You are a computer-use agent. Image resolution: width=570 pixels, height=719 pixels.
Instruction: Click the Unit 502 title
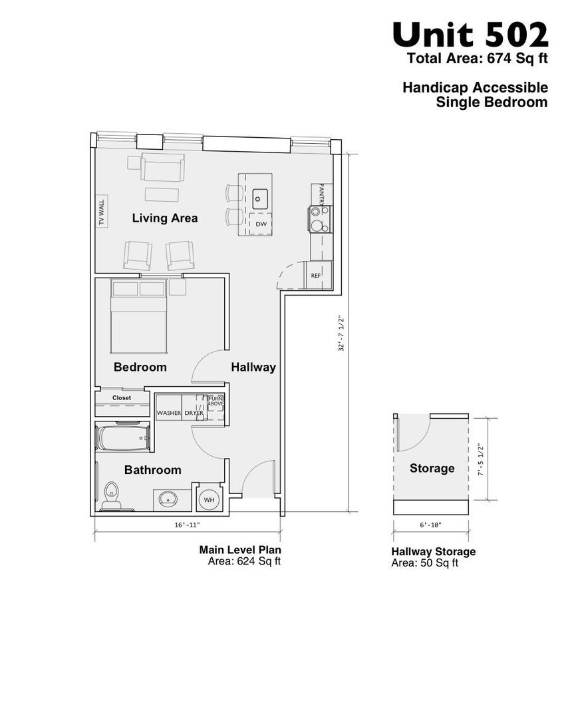(x=470, y=35)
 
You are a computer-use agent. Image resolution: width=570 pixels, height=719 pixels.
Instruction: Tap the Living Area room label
(x=165, y=218)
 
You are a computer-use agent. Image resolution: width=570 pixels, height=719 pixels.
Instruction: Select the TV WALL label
(x=102, y=212)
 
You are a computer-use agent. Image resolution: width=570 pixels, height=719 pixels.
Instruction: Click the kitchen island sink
(x=260, y=199)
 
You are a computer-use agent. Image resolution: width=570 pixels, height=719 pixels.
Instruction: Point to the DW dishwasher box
(x=261, y=224)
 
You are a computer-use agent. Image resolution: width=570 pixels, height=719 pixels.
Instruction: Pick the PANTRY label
(x=322, y=194)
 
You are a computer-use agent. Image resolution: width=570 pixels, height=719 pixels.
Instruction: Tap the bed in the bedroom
(x=138, y=316)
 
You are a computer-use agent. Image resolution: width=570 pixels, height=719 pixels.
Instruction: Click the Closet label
(x=122, y=398)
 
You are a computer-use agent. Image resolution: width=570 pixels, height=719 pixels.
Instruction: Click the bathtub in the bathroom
(x=123, y=438)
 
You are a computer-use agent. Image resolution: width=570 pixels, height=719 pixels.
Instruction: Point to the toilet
(x=111, y=496)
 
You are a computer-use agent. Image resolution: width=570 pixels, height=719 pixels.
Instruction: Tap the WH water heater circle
(x=209, y=499)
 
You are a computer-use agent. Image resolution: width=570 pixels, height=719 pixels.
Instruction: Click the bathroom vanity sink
(x=168, y=499)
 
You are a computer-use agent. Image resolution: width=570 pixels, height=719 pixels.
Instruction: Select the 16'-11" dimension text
(x=188, y=525)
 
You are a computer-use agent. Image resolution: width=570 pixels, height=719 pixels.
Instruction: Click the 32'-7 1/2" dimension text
(x=341, y=334)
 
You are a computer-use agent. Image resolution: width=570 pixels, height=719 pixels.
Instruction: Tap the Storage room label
(x=432, y=468)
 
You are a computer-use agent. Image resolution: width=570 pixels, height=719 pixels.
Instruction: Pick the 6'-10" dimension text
(x=431, y=525)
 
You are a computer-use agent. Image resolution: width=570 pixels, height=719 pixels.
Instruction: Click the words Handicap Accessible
(x=475, y=87)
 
